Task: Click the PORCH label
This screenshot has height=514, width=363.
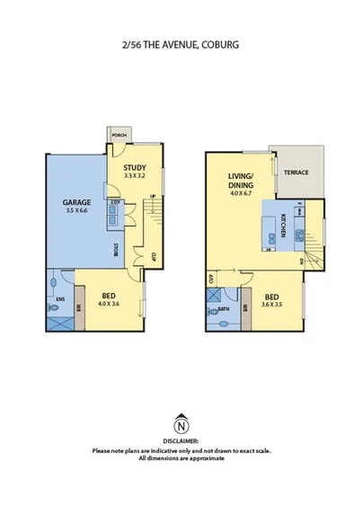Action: (x=119, y=136)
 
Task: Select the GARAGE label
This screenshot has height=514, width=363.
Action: (x=75, y=203)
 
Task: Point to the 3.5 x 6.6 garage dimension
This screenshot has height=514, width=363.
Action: (x=75, y=213)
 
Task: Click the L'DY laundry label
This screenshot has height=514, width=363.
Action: (x=115, y=203)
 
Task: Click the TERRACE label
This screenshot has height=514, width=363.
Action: (x=296, y=173)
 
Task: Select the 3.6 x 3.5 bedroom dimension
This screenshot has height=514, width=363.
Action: (x=271, y=304)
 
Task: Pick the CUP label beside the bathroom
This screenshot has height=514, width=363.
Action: (x=210, y=279)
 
